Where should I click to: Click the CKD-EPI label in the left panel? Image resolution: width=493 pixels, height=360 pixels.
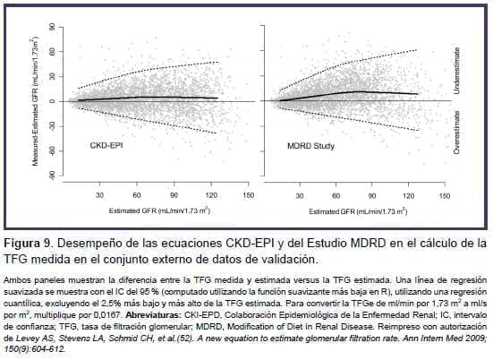click(106, 144)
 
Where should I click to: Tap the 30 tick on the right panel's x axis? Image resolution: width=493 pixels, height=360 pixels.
click(302, 194)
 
